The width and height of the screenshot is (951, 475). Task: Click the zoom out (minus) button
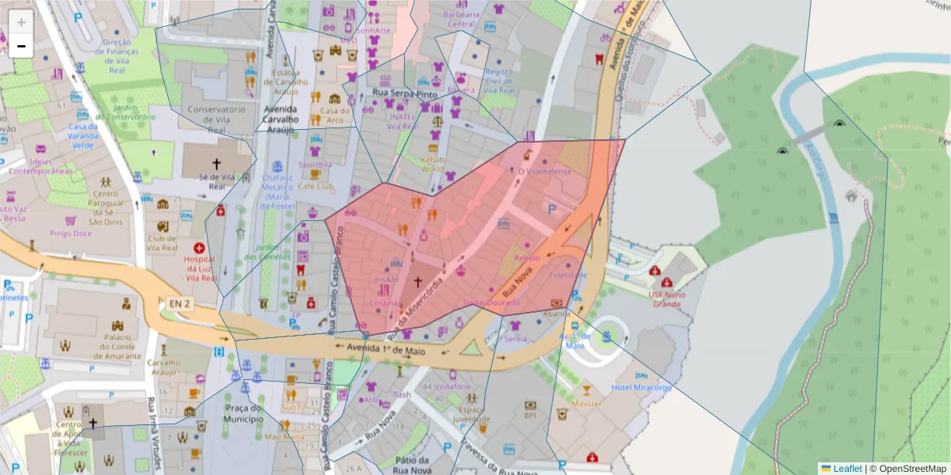pyautogui.click(x=21, y=46)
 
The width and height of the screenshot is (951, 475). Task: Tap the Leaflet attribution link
pyautogui.click(x=846, y=469)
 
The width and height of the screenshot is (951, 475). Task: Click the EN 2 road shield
pyautogui.click(x=180, y=302)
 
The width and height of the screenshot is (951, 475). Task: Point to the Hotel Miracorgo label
pyautogui.click(x=641, y=387)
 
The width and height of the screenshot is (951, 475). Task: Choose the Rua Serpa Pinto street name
pyautogui.click(x=404, y=93)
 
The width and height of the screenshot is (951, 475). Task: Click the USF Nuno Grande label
pyautogui.click(x=666, y=298)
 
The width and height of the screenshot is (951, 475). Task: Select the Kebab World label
pyautogui.click(x=432, y=163)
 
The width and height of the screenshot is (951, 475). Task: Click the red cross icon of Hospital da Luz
pyautogui.click(x=199, y=248)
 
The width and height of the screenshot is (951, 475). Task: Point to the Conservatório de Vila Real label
pyautogui.click(x=216, y=120)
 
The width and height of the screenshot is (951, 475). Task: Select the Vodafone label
pyautogui.click(x=453, y=386)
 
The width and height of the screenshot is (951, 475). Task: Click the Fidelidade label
pyautogui.click(x=567, y=275)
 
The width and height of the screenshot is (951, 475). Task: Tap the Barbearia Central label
pyautogui.click(x=461, y=18)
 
